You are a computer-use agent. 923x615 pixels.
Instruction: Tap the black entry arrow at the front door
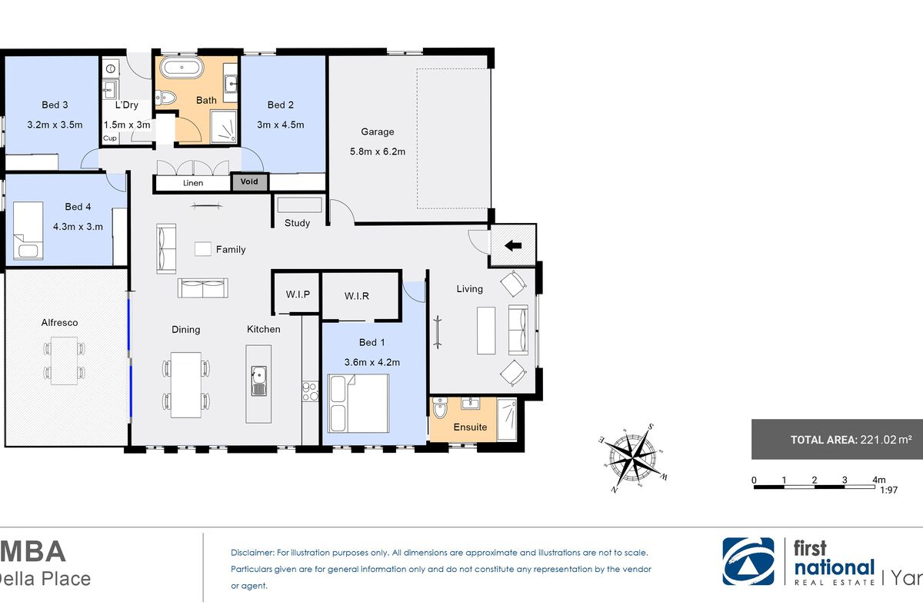click(513, 246)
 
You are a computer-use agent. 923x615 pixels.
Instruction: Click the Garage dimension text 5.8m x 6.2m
click(377, 151)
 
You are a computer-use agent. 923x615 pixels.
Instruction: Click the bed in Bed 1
click(358, 403)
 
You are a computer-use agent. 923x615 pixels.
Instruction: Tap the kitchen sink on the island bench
click(259, 381)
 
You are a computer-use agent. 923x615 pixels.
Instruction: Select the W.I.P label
click(297, 294)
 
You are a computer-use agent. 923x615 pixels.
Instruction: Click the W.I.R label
click(358, 295)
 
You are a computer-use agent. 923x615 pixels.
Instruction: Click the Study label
click(298, 223)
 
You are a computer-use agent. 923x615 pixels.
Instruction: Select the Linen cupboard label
click(193, 183)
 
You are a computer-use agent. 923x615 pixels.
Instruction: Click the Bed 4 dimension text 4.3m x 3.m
click(78, 227)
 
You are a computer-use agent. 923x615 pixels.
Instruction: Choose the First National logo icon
click(747, 561)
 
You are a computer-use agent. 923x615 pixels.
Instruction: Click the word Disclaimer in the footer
click(252, 553)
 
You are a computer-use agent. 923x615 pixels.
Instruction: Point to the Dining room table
click(185, 384)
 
